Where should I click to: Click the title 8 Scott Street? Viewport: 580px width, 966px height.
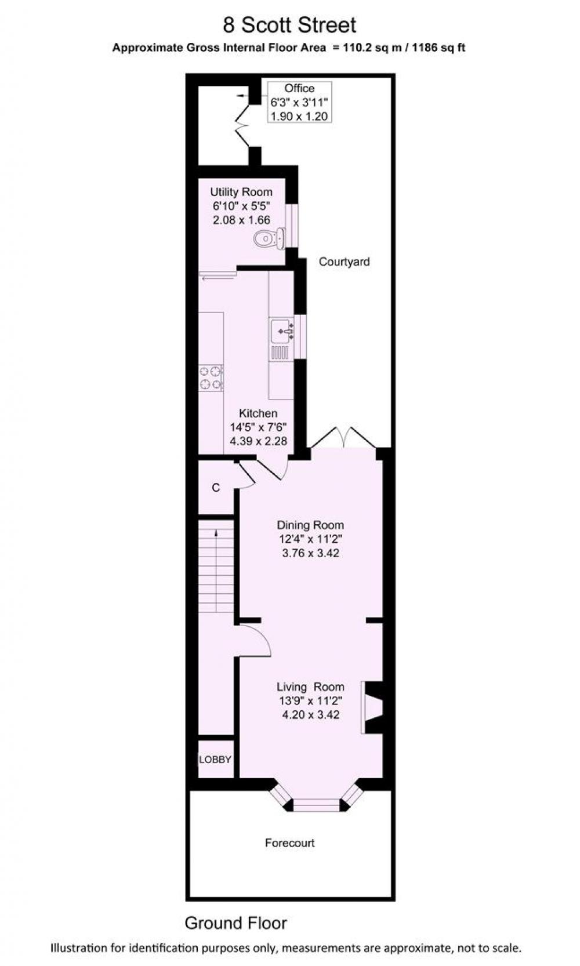pos(289,26)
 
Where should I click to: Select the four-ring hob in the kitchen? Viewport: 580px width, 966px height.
pos(211,378)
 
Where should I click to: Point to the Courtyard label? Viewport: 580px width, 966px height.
pos(344,262)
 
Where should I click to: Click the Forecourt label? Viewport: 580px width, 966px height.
pos(290,842)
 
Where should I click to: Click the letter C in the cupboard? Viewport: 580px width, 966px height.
pos(216,487)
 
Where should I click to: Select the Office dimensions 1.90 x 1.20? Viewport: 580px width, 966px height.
pos(299,116)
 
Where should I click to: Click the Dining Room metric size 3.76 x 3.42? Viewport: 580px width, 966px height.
pos(310,553)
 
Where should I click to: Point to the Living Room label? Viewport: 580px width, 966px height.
pos(310,687)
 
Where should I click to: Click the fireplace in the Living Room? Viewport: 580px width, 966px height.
pos(372,707)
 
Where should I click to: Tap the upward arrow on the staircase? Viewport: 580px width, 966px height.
pos(216,533)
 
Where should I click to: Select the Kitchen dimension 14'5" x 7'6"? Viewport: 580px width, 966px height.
pos(258,427)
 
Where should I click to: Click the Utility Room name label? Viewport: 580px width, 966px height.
pos(241,192)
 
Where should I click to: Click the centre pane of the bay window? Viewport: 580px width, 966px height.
pos(317,803)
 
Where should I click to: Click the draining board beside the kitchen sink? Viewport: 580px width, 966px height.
pos(280,353)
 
